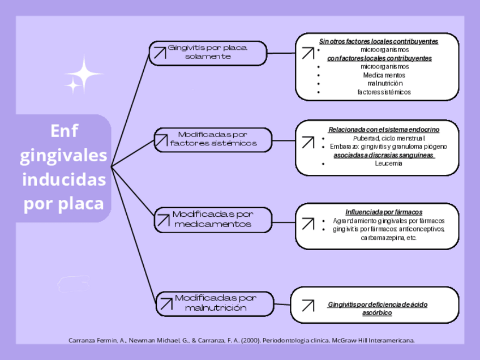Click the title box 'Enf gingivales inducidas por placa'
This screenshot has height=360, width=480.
pos(64,168)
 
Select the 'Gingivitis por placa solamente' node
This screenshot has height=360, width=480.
pos(208,53)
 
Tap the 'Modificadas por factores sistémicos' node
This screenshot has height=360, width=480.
pos(213,139)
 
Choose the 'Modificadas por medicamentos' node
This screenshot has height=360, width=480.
pos(213,220)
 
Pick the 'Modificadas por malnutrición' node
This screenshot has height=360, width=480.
pos(215,303)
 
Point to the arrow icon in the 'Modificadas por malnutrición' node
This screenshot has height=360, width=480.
pos(166,304)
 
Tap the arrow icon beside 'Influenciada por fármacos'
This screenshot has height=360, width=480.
pos(307,224)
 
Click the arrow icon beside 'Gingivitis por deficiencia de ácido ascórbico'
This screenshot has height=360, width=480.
pos(307,306)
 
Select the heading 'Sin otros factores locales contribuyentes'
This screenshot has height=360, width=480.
pos(378,41)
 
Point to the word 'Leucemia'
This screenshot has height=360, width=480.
pos(388,164)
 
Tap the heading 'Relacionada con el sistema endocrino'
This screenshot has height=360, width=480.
pos(384,130)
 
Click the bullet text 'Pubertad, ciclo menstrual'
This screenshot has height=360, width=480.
pos(388,138)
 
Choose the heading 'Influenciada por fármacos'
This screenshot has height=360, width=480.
pos(384,212)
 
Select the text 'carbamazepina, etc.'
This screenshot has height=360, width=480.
pos(388,238)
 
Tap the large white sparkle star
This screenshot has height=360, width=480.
pos(84,73)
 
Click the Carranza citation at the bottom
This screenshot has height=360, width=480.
pos(242,341)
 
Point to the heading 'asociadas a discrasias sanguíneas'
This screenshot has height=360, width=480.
pos(384,155)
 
